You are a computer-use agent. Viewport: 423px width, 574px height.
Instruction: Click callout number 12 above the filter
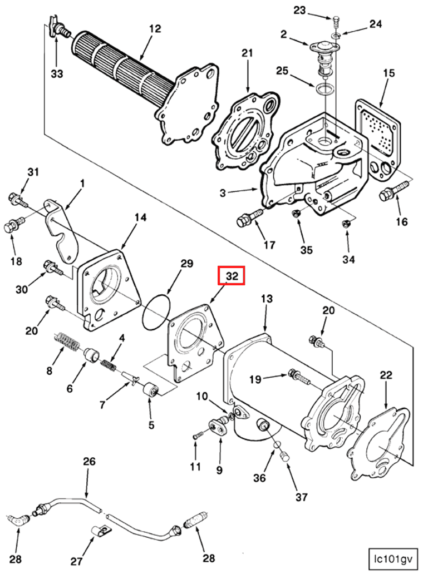point(154,29)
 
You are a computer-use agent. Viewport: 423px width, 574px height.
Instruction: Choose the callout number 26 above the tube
point(90,462)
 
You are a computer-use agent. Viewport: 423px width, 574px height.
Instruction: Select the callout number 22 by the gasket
point(386,377)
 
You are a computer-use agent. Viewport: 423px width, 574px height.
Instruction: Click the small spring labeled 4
point(109,365)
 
